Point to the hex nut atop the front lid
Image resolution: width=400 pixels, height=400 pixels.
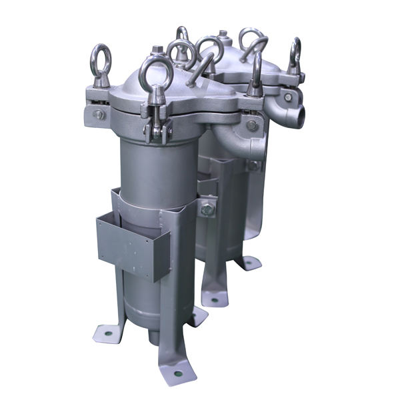coord(158,50)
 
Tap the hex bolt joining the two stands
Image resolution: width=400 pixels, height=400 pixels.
coord(207,209)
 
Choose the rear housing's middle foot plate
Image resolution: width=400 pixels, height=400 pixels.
coord(214,298)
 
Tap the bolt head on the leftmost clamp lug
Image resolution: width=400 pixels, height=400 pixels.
coord(99,115)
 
